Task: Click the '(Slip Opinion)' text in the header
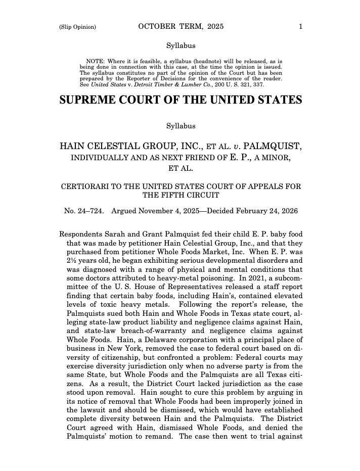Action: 77,27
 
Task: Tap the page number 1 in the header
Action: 300,27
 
